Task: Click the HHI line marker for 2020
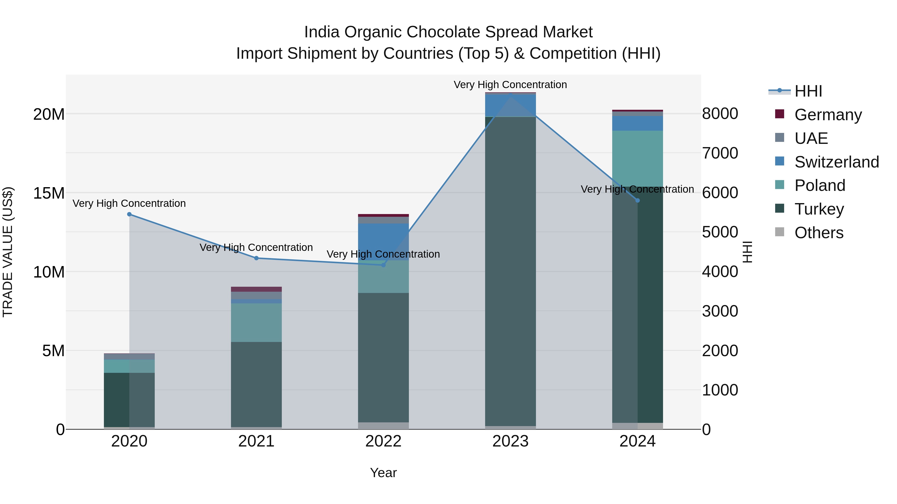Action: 129,214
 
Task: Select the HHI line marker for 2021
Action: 256,258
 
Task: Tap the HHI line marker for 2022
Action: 383,265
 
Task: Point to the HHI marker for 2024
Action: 638,200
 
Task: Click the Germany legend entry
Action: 828,115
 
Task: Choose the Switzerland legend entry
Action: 836,162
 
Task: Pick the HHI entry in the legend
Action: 808,91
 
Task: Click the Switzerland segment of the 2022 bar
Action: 383,242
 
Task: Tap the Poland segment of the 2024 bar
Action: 638,158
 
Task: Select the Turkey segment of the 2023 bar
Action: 511,271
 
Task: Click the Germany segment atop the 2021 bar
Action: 256,289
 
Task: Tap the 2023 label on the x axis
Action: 511,441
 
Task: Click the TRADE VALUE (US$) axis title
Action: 8,252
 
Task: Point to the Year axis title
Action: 383,473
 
